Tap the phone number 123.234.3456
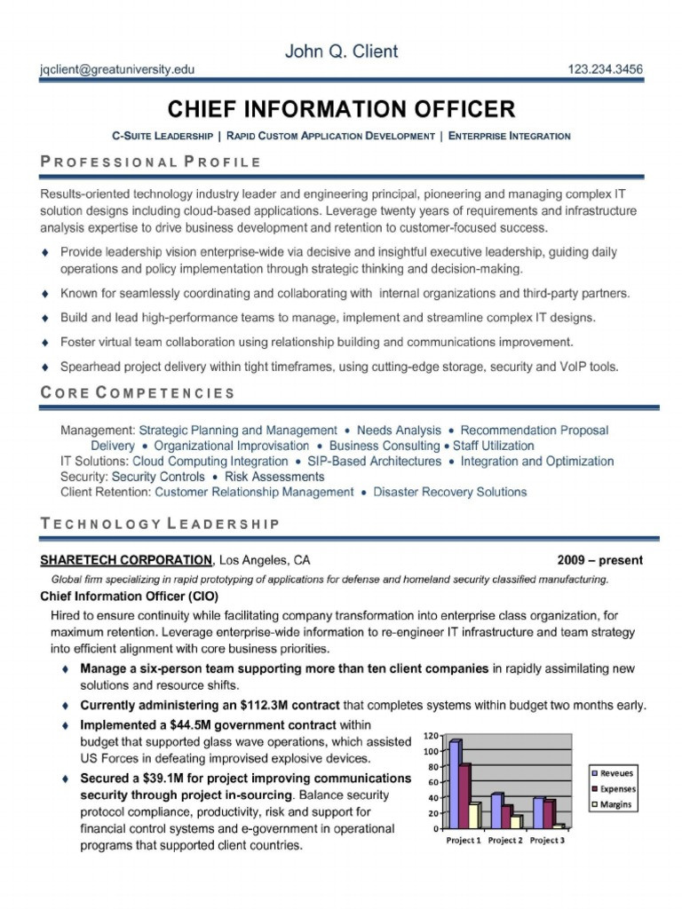click(x=605, y=69)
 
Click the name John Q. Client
click(x=341, y=51)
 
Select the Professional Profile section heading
click(x=151, y=162)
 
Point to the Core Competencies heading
click(x=139, y=392)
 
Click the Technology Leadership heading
click(x=161, y=524)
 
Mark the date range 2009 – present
click(x=599, y=560)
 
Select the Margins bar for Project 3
click(x=558, y=826)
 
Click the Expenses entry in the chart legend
click(x=615, y=788)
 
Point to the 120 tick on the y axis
click(x=431, y=736)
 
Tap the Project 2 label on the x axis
click(x=505, y=840)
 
